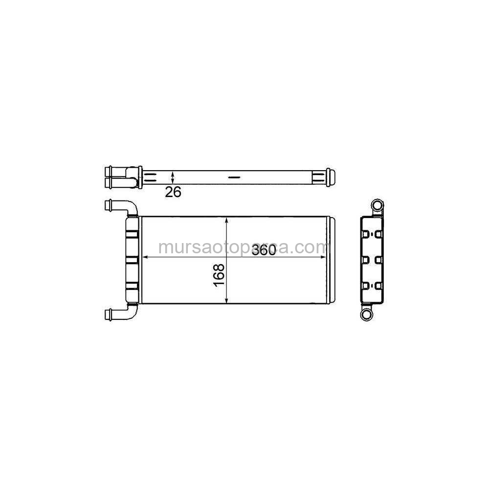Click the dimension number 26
(x=173, y=192)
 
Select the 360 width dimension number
(x=264, y=250)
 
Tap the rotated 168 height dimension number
(x=219, y=275)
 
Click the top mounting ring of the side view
(x=377, y=206)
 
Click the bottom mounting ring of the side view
(x=367, y=314)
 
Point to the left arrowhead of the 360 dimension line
(x=145, y=257)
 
